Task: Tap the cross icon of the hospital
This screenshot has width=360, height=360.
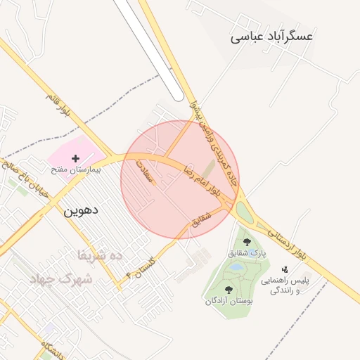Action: [76, 159]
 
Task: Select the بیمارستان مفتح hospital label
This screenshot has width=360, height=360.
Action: [76, 170]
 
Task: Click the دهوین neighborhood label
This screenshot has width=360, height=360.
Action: [81, 210]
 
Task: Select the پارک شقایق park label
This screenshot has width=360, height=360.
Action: [247, 252]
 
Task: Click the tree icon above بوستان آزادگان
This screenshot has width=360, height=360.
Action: [229, 289]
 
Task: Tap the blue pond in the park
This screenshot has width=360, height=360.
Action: [235, 268]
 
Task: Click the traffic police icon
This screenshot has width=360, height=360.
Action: [285, 269]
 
